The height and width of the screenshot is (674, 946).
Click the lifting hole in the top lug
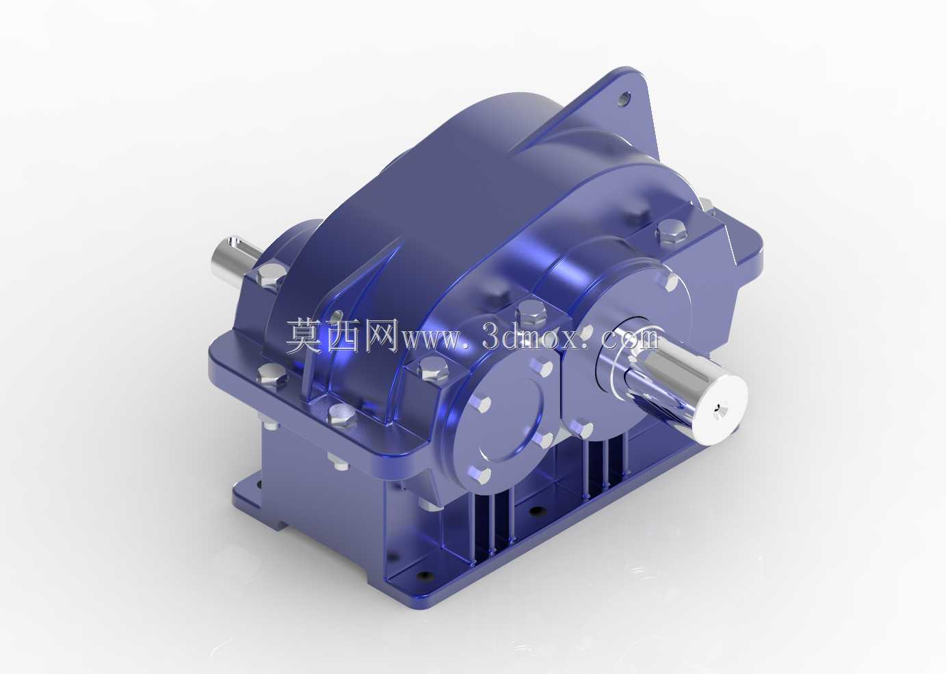(x=625, y=100)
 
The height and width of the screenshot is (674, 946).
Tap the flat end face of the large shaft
(x=721, y=408)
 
